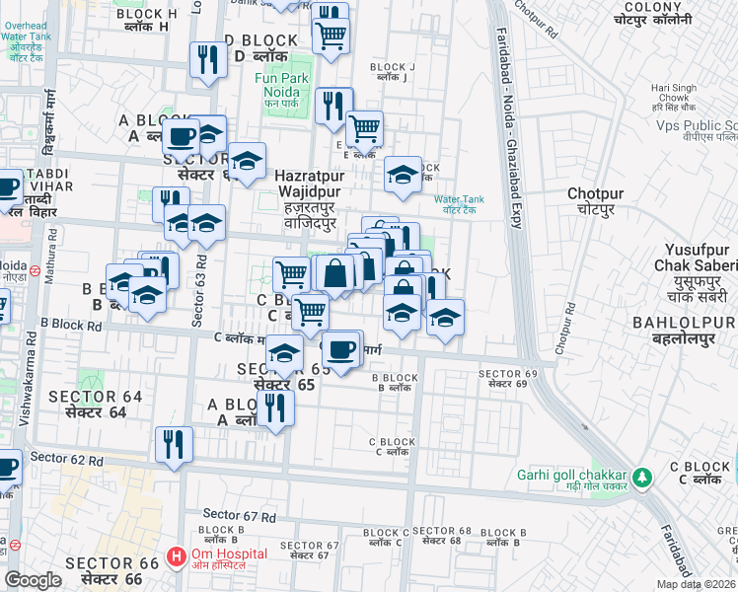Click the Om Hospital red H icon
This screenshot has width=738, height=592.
tap(176, 557)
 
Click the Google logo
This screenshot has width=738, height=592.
tap(33, 580)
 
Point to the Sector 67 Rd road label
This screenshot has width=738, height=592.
tap(237, 515)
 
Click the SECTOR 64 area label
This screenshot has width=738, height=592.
tap(96, 404)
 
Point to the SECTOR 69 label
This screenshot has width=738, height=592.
tap(507, 378)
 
